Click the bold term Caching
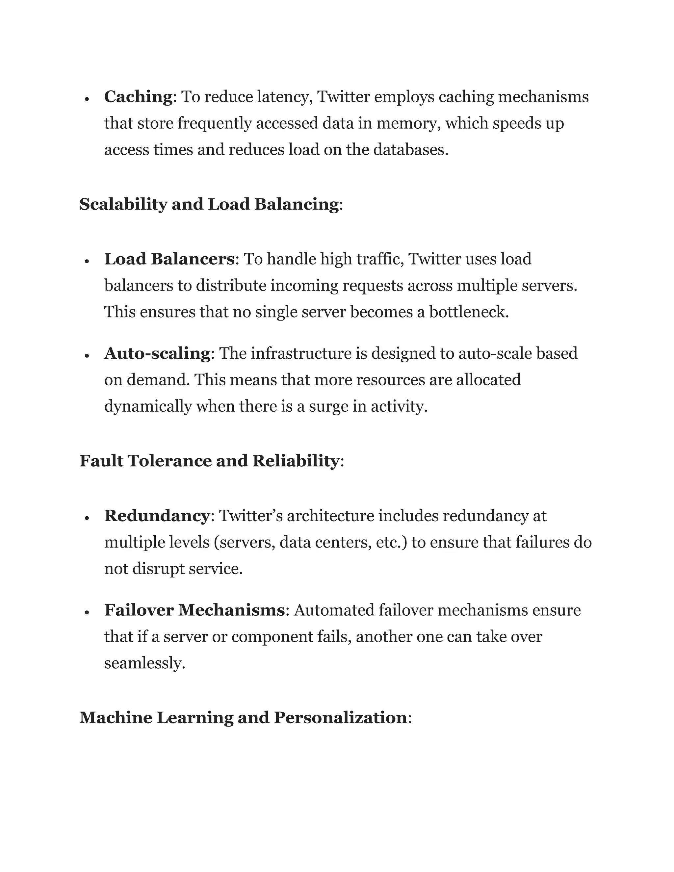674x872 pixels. [x=138, y=97]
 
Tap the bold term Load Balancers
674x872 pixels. [x=169, y=259]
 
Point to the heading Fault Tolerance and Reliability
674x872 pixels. [x=209, y=461]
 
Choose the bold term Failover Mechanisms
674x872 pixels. [x=194, y=610]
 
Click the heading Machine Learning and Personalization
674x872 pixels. [x=243, y=717]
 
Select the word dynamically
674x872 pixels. [x=148, y=406]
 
